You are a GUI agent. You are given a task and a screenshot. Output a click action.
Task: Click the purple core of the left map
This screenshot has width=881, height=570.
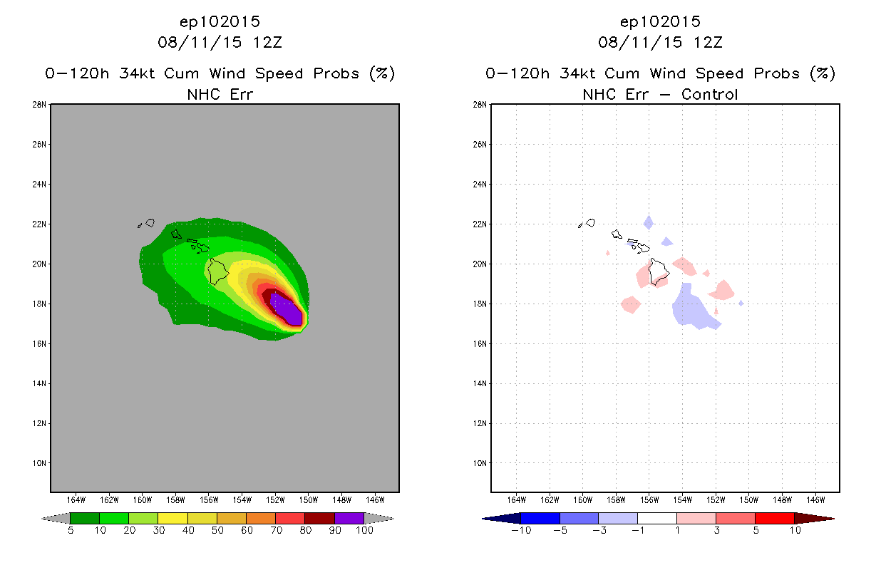coord(289,311)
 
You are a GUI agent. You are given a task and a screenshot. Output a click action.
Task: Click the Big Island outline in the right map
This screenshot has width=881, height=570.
coord(659,271)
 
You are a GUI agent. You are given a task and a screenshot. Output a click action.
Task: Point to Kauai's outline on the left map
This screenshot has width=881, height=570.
coord(150,223)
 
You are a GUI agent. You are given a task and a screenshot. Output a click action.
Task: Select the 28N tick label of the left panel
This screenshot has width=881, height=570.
coord(40,105)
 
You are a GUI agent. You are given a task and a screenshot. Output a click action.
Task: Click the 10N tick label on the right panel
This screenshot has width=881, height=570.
coord(480,463)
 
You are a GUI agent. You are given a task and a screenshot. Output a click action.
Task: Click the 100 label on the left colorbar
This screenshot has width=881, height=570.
coord(364,531)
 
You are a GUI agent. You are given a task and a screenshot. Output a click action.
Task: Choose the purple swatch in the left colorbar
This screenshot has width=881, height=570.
coord(349,518)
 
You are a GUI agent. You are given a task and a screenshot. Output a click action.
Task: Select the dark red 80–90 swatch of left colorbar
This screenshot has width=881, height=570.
coord(319,518)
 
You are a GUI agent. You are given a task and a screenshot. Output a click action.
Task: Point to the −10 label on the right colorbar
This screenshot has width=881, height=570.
coord(521,531)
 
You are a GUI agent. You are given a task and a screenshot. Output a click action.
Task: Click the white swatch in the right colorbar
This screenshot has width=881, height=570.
coord(656,518)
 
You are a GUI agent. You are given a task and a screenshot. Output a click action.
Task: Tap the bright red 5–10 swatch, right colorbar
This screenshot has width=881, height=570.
coord(773,518)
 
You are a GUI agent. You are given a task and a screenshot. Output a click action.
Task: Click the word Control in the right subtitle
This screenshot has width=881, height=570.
coord(709,94)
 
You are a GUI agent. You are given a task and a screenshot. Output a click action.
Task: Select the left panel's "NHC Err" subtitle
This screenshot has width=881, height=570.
coord(220,94)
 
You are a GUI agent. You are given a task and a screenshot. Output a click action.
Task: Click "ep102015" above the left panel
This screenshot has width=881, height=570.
coord(220,22)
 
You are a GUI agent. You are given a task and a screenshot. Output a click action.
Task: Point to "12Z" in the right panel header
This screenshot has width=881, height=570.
coord(709,42)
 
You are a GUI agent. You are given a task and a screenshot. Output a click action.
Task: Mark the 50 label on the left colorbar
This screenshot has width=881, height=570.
coord(217,531)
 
